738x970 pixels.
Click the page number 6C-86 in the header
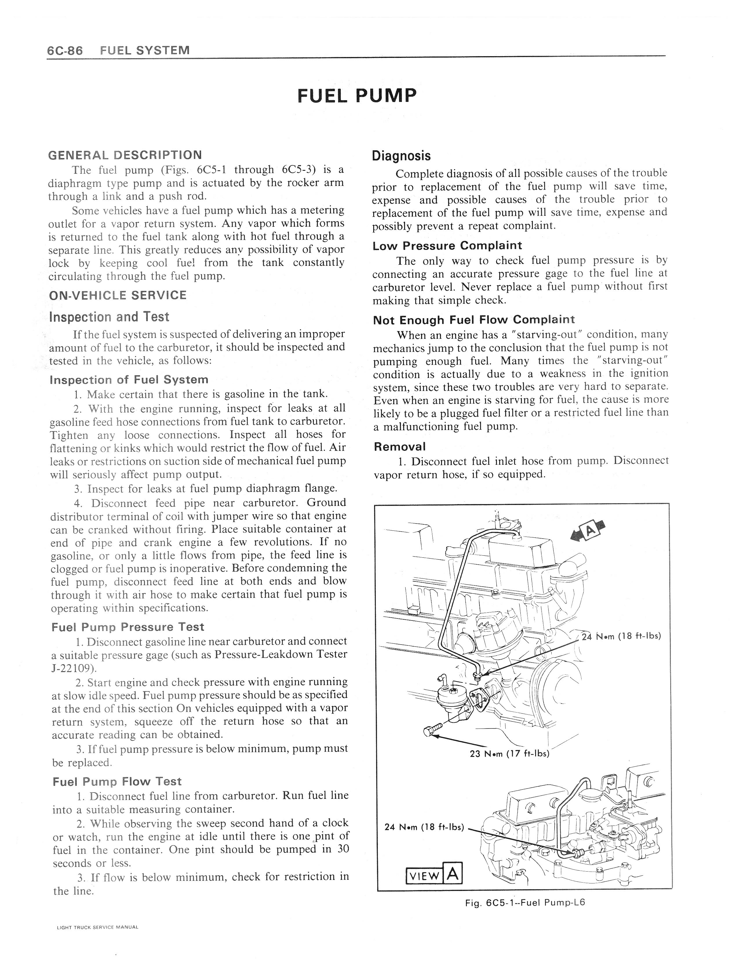pyautogui.click(x=65, y=51)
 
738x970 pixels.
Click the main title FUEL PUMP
pyautogui.click(x=357, y=96)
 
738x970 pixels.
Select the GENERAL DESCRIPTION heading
pyautogui.click(x=125, y=155)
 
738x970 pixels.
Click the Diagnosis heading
pyautogui.click(x=401, y=156)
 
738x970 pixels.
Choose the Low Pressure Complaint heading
pyautogui.click(x=447, y=246)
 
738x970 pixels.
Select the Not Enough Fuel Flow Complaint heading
pyautogui.click(x=473, y=320)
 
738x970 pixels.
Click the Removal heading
pyautogui.click(x=400, y=447)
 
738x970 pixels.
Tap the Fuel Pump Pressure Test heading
pyautogui.click(x=128, y=627)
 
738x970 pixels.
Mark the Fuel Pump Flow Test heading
pyautogui.click(x=116, y=782)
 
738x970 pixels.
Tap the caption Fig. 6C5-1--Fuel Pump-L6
pyautogui.click(x=525, y=903)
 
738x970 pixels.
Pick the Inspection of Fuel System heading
pyautogui.click(x=129, y=380)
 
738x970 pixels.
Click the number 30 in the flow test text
pyautogui.click(x=343, y=849)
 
